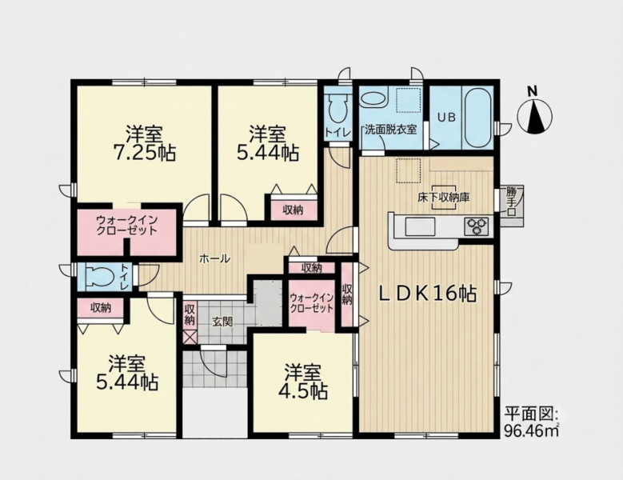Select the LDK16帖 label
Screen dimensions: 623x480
point(427,294)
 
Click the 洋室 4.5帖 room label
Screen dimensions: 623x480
point(303,382)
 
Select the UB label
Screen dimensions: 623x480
point(446,118)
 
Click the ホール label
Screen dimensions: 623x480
point(214,259)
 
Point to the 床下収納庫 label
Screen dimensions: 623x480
point(443,197)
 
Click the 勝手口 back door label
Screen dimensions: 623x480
point(512,202)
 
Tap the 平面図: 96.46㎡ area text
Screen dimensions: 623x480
point(532,422)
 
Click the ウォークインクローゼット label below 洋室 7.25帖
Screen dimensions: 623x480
point(127,226)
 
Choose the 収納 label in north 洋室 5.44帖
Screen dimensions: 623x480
point(293,210)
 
